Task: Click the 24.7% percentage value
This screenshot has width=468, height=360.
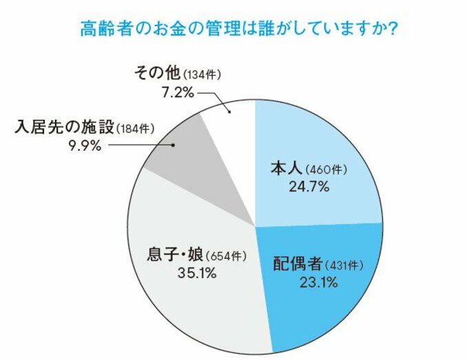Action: pyautogui.click(x=311, y=186)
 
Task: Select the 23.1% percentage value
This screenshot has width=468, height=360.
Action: pyautogui.click(x=311, y=282)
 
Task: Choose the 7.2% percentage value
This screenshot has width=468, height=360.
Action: pyautogui.click(x=175, y=92)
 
